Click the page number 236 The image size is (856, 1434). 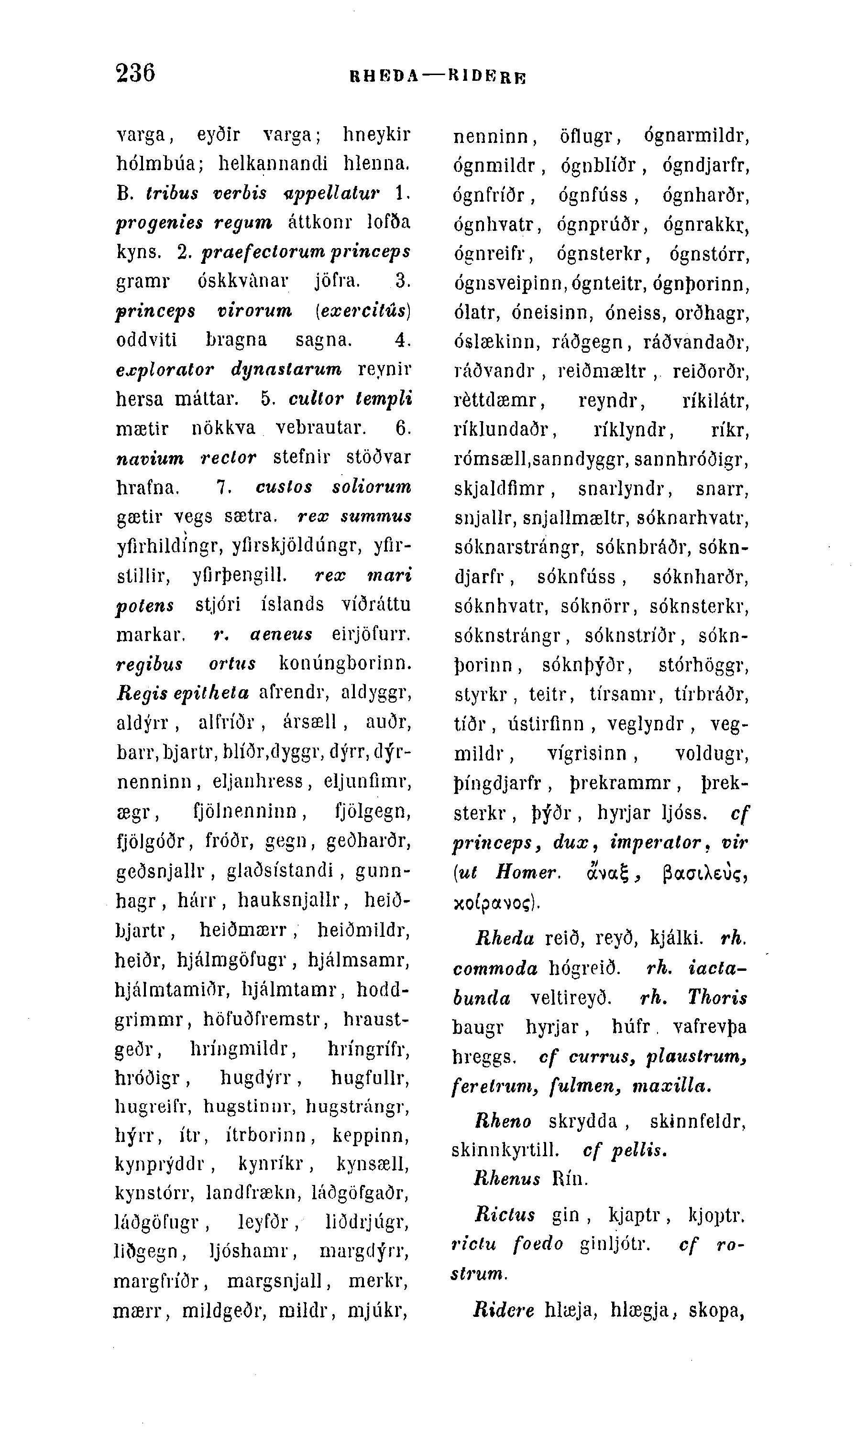click(135, 73)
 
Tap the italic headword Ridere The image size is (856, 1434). click(504, 1311)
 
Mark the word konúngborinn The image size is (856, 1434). click(345, 663)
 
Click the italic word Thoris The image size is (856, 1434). click(717, 998)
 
